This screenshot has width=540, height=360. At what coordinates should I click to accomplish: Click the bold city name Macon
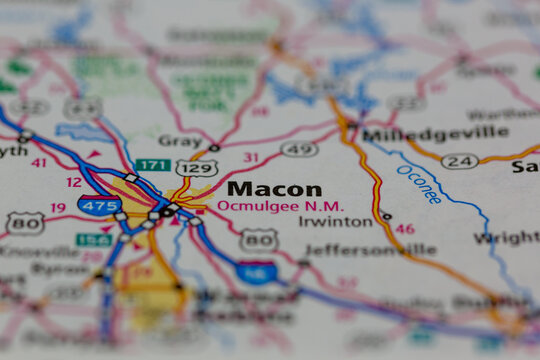pos(274,189)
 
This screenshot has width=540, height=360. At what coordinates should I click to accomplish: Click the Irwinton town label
pos(334,221)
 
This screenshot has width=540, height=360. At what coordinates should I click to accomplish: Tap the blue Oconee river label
pos(419,184)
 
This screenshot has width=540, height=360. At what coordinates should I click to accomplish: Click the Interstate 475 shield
pos(98,205)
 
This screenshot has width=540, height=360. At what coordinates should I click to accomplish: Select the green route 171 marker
pos(152,164)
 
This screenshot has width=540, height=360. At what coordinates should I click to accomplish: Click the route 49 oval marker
pos(299,149)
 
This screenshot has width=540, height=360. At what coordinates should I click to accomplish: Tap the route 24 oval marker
pos(459,160)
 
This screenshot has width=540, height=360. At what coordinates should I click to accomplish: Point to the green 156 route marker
pos(94,240)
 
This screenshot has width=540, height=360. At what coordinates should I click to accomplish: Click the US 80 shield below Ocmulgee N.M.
pos(260,238)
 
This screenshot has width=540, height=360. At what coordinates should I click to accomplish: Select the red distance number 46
pos(404,229)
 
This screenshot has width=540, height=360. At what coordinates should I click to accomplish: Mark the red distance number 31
pos(250,157)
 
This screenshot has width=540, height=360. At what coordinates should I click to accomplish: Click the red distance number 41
pos(39,162)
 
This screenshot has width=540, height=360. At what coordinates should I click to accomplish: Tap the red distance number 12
pos(74,182)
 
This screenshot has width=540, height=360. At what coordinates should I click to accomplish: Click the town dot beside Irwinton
pos(386,216)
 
